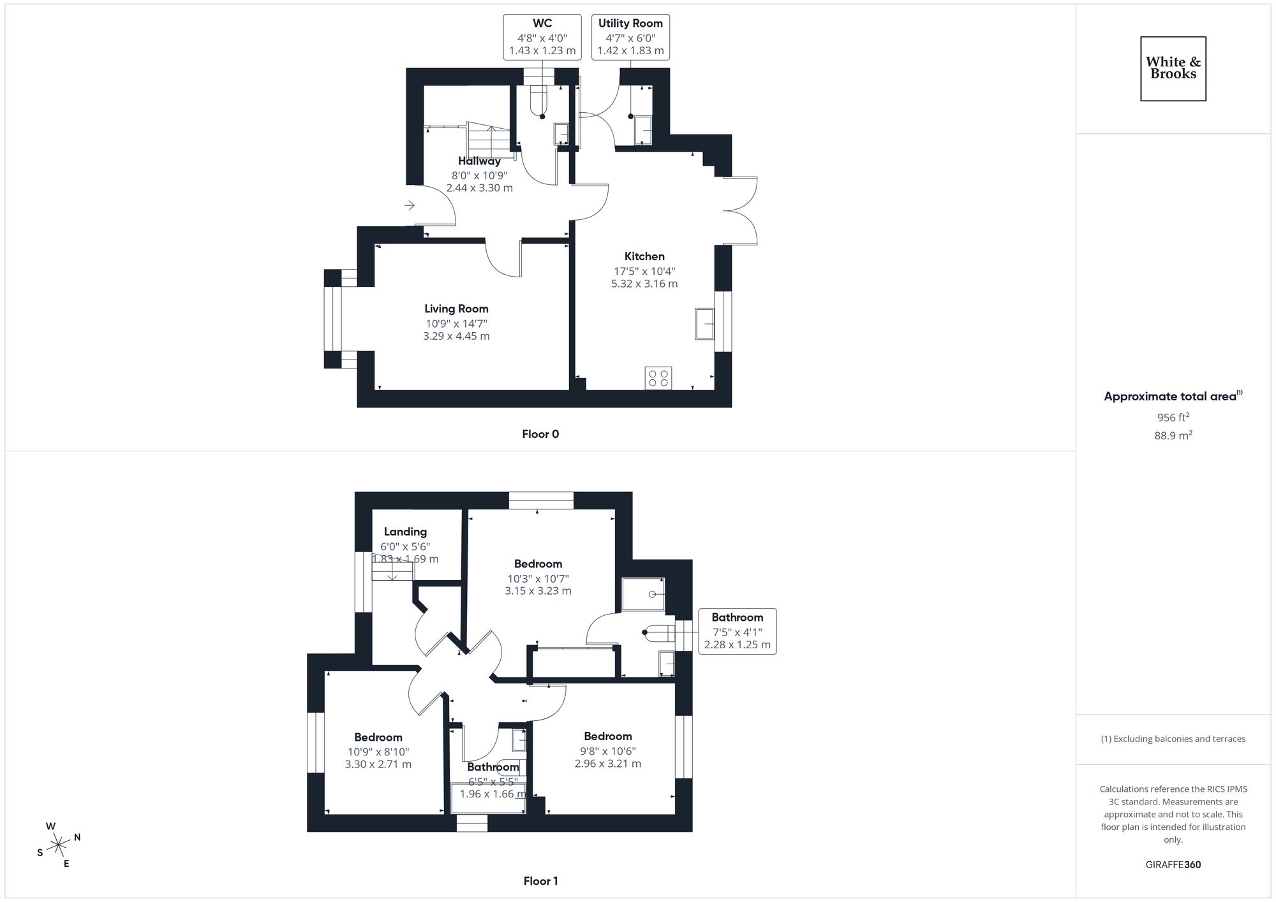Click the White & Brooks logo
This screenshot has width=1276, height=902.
pyautogui.click(x=1173, y=68)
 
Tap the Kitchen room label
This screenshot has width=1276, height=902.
pyautogui.click(x=644, y=256)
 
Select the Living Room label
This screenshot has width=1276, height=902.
pyautogui.click(x=456, y=309)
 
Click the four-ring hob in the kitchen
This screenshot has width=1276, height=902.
pyautogui.click(x=658, y=378)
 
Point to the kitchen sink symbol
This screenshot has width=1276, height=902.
pyautogui.click(x=705, y=324)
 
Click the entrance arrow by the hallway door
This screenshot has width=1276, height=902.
pyautogui.click(x=410, y=205)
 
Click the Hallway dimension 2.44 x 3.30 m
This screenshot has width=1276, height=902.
pyautogui.click(x=479, y=188)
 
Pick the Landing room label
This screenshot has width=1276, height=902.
pyautogui.click(x=405, y=532)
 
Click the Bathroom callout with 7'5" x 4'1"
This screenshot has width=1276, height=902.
pyautogui.click(x=737, y=631)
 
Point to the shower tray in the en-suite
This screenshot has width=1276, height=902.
pyautogui.click(x=643, y=594)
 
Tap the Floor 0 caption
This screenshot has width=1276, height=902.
pyautogui.click(x=540, y=434)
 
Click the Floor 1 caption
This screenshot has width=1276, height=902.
pyautogui.click(x=540, y=881)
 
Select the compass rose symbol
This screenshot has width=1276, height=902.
pyautogui.click(x=59, y=845)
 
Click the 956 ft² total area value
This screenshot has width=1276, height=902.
pyautogui.click(x=1173, y=418)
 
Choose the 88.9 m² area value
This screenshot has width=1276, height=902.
pyautogui.click(x=1173, y=436)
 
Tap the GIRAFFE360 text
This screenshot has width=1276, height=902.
pyautogui.click(x=1173, y=865)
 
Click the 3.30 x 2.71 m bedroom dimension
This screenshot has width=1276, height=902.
pyautogui.click(x=378, y=764)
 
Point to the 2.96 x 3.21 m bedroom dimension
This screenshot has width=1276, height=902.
pyautogui.click(x=608, y=763)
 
